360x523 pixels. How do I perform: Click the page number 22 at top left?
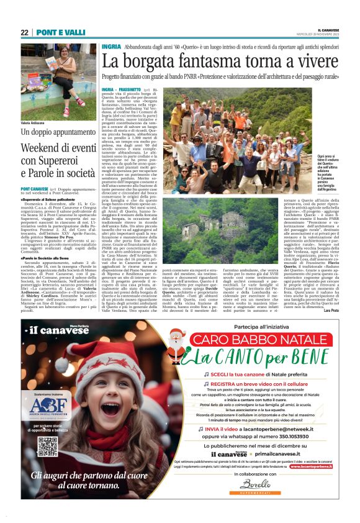coord(24,32)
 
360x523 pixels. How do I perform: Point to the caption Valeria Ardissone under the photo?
coord(34,123)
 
